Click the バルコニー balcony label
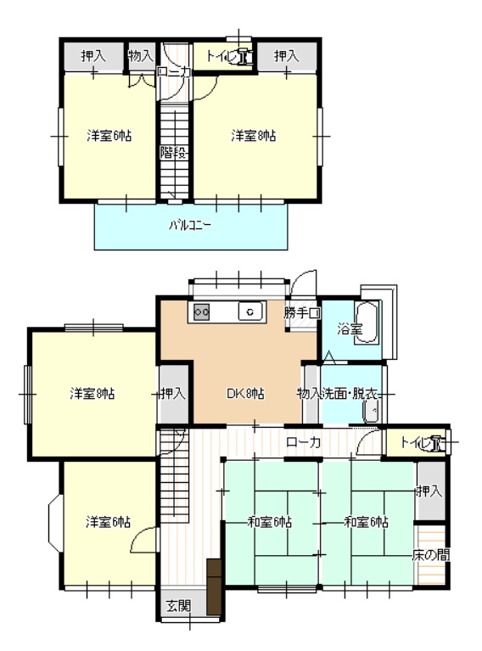click(x=190, y=226)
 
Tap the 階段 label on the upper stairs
click(x=174, y=153)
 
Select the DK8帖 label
click(x=245, y=393)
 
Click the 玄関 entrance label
click(x=178, y=606)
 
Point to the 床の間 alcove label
click(x=431, y=555)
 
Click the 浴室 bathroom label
click(x=350, y=328)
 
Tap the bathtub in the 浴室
click(x=367, y=323)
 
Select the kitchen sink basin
click(x=250, y=311)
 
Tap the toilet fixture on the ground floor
click(x=437, y=443)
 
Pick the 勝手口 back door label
click(x=302, y=312)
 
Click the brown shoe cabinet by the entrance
click(x=215, y=586)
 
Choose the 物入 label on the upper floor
click(x=141, y=55)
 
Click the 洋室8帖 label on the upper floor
click(x=254, y=135)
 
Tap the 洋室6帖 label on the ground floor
click(x=109, y=521)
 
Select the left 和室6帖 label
click(x=270, y=521)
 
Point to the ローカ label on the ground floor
click(x=304, y=442)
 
